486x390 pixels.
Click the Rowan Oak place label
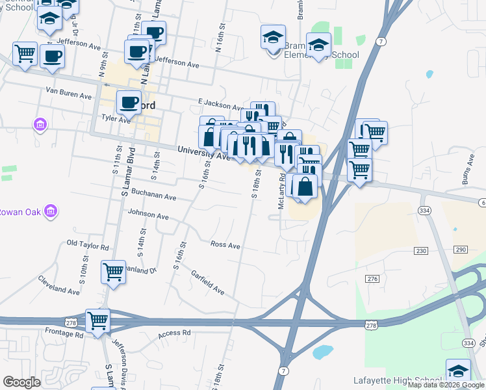click(20, 212)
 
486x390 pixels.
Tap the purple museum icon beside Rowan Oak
click(51, 211)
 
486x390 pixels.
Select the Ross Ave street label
click(225, 245)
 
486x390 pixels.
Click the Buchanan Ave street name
click(154, 196)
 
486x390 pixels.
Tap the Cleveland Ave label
click(53, 286)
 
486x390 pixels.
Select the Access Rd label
click(174, 333)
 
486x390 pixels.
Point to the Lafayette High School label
click(397, 380)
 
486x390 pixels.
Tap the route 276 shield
click(372, 279)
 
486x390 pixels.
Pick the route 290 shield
click(461, 250)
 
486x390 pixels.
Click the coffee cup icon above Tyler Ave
click(129, 103)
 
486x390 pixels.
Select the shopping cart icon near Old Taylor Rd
click(113, 272)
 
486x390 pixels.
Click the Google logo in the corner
click(21, 382)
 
